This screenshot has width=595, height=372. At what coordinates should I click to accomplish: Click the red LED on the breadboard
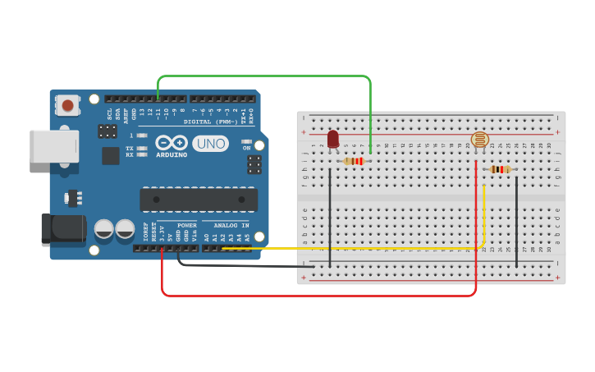coord(332,139)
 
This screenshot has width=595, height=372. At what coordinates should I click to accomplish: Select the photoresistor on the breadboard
coord(480,140)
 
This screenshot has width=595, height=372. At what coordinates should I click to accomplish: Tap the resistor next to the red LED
coord(355,161)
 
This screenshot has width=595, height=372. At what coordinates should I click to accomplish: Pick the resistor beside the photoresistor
coord(500,170)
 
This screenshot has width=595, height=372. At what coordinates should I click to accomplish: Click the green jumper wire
coord(263,76)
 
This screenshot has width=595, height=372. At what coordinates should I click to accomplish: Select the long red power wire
coord(320,295)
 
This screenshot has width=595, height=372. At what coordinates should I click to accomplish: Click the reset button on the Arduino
coord(67,104)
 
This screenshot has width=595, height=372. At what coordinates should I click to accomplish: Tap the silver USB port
coord(54,146)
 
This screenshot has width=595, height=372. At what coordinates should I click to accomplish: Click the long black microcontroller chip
coord(199,200)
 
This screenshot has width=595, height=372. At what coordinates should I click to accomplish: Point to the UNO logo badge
coord(211,144)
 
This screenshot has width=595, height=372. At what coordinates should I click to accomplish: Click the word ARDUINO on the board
coord(172,154)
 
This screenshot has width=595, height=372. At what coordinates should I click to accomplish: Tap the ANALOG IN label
coord(231,225)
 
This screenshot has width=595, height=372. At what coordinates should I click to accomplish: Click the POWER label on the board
coord(187,225)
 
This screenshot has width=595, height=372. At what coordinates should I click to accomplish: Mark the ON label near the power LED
coord(246,148)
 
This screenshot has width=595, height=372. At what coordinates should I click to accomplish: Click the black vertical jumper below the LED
coord(330,218)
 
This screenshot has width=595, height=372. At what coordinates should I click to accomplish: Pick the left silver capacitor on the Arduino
coord(104,228)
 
